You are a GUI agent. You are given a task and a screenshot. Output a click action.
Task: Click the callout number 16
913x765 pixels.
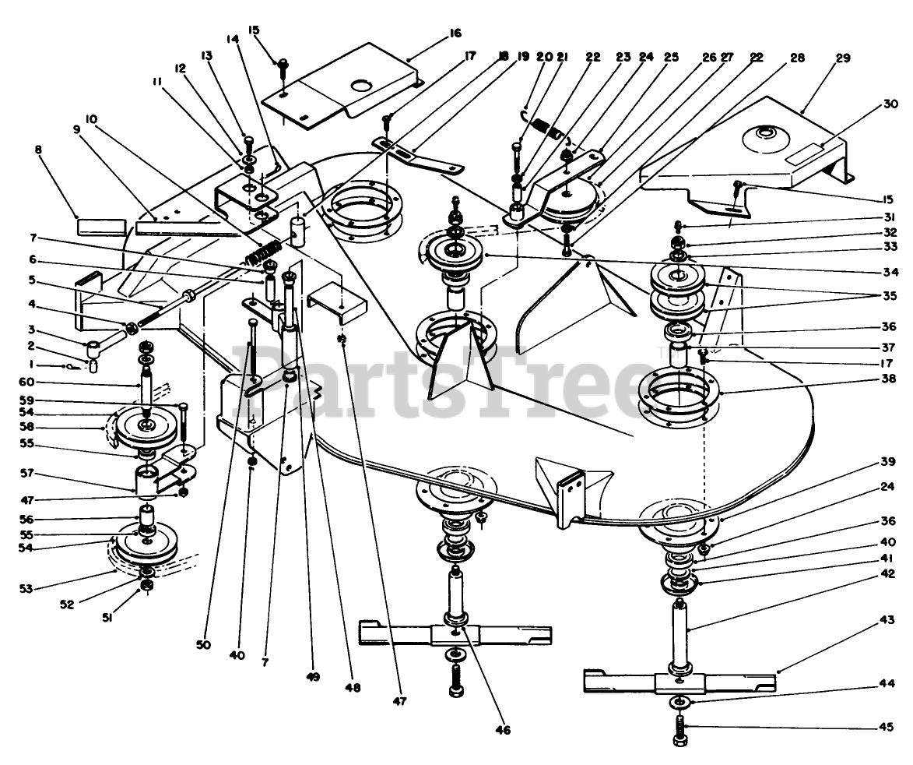(x=455, y=33)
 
